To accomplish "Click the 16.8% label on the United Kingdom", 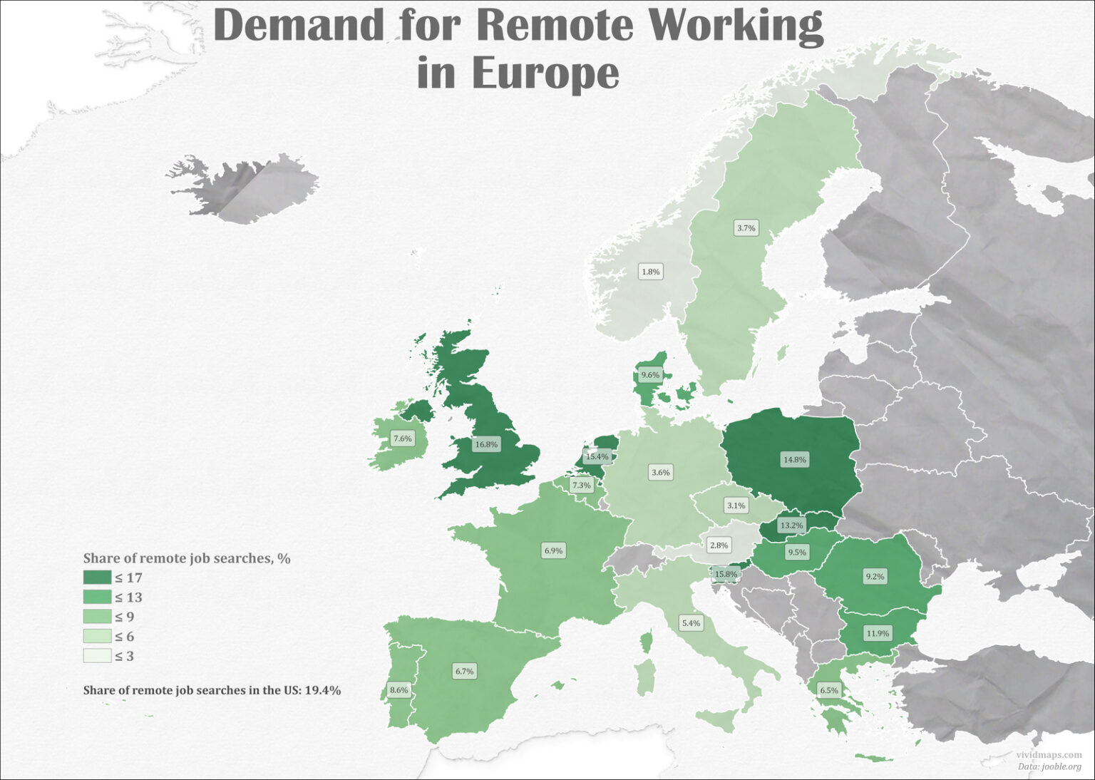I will (486, 444).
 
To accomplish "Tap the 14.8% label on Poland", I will (794, 460).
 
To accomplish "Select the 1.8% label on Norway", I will (650, 272).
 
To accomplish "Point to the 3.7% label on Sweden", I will (746, 228).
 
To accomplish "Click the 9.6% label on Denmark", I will (650, 375).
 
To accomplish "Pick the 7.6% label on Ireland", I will (402, 438).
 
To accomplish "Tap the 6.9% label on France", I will (553, 550).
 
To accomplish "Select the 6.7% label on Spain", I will (464, 671).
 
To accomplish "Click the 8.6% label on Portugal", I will (399, 690).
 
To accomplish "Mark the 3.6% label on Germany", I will (660, 472).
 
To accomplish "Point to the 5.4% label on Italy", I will (691, 623).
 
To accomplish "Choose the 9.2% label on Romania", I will (875, 577).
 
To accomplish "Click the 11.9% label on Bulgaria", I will (878, 633).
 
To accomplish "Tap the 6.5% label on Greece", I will (828, 690).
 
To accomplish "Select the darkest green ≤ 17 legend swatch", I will (97, 578).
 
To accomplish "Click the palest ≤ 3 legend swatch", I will (97, 656).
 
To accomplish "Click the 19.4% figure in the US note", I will (322, 690).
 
